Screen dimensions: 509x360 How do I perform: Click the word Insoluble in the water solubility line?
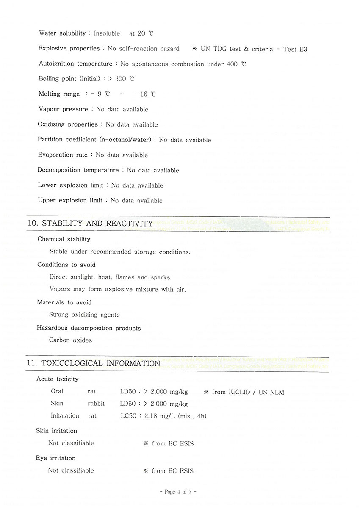107,33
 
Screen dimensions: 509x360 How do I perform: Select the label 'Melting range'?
59,94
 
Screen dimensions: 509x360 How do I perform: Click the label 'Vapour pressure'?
64,109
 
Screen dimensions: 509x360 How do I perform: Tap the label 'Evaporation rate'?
63,155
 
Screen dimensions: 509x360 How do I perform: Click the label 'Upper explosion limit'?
70,200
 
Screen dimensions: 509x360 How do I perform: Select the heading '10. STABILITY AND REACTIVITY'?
89,223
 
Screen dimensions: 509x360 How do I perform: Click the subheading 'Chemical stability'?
64,239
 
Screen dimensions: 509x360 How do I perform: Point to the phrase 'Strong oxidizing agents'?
84,315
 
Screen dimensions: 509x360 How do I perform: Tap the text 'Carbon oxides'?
70,340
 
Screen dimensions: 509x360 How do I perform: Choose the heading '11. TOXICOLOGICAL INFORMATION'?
93,363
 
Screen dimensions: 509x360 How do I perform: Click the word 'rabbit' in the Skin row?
96,404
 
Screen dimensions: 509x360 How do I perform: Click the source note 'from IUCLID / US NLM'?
248,392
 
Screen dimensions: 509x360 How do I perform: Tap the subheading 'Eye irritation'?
56,458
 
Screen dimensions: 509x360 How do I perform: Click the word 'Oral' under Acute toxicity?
57,392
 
